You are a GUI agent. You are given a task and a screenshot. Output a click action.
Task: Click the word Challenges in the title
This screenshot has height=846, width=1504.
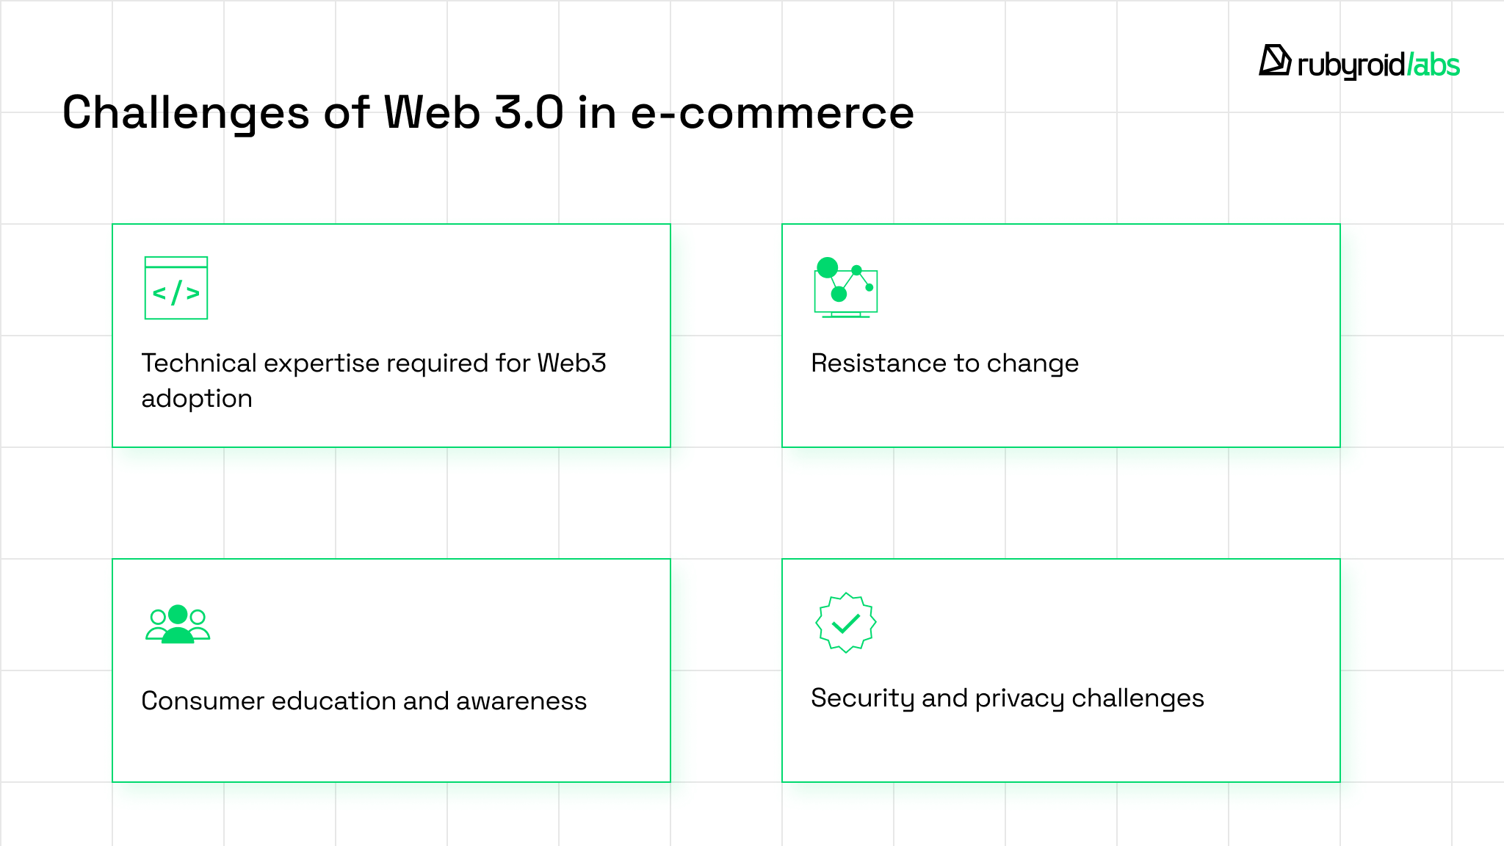click(x=185, y=114)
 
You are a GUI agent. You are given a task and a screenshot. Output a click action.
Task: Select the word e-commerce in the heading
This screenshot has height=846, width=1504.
click(x=772, y=114)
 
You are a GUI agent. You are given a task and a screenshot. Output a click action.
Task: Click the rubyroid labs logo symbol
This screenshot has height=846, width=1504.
click(x=1275, y=61)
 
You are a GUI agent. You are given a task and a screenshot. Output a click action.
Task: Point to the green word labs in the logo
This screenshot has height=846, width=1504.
click(x=1436, y=65)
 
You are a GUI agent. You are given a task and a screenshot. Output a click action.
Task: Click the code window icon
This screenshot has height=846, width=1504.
click(x=176, y=288)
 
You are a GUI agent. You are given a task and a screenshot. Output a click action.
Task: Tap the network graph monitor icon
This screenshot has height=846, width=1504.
click(x=846, y=287)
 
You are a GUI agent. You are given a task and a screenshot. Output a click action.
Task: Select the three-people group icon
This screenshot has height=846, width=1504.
click(x=178, y=624)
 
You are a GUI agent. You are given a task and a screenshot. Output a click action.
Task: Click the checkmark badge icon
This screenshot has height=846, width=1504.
click(x=846, y=623)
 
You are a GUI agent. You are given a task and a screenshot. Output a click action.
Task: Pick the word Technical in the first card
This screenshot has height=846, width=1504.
click(x=198, y=363)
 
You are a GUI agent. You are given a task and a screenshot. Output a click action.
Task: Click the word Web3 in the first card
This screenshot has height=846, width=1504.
click(x=571, y=363)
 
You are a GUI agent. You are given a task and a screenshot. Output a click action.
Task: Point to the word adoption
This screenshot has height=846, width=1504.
click(x=197, y=399)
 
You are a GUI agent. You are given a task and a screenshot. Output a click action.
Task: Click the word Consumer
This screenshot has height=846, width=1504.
click(x=203, y=701)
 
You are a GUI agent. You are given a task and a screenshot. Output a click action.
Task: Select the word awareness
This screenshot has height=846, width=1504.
click(x=521, y=701)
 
